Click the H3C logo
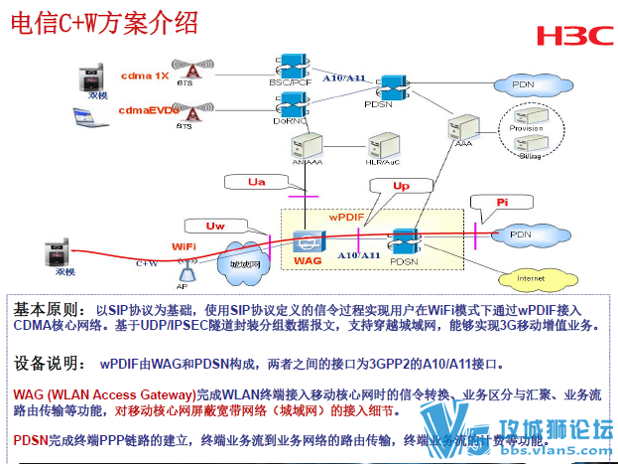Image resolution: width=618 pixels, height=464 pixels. pyautogui.click(x=574, y=36)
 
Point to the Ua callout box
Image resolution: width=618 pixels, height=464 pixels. pyautogui.click(x=257, y=182)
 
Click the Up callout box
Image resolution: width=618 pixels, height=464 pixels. pyautogui.click(x=401, y=187)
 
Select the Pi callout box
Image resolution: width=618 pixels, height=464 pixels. pyautogui.click(x=502, y=202)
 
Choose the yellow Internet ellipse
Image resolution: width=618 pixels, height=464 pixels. pyautogui.click(x=532, y=278)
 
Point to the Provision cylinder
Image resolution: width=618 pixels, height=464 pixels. pyautogui.click(x=526, y=126)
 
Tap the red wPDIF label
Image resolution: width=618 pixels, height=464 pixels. pyautogui.click(x=348, y=216)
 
